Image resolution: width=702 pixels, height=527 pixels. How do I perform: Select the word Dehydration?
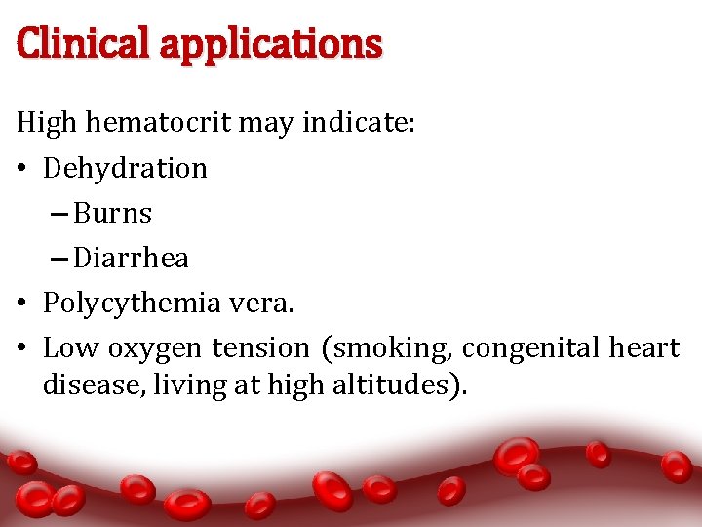[125, 169]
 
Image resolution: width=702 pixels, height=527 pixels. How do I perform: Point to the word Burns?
[113, 214]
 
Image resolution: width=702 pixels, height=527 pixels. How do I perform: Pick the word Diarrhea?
[131, 259]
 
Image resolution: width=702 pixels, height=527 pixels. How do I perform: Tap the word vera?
[261, 304]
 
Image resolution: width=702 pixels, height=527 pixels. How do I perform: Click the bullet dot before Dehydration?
[23, 170]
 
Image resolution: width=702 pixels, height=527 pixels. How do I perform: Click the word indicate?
[360, 124]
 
